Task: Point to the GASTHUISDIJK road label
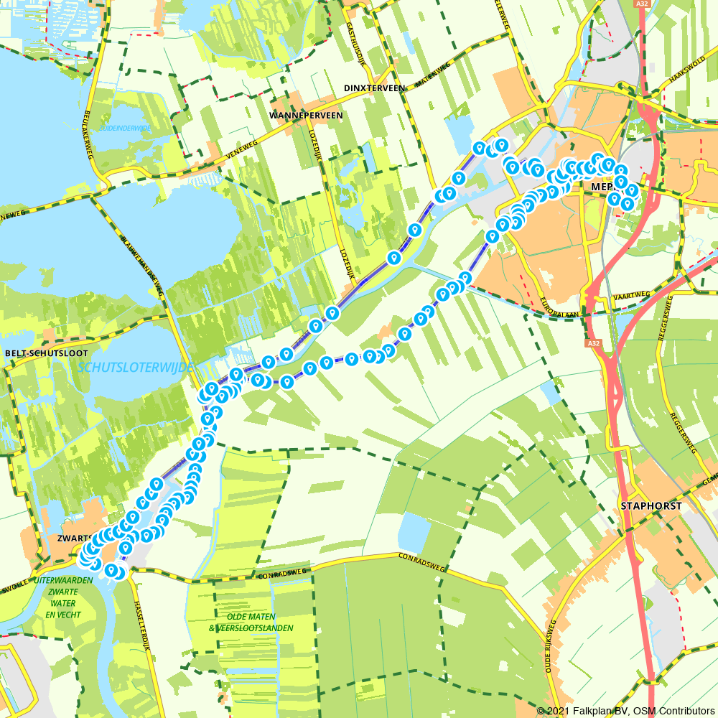351,36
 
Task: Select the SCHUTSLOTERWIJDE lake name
135,367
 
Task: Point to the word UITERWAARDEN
63,579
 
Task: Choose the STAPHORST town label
651,505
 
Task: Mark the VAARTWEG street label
633,295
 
